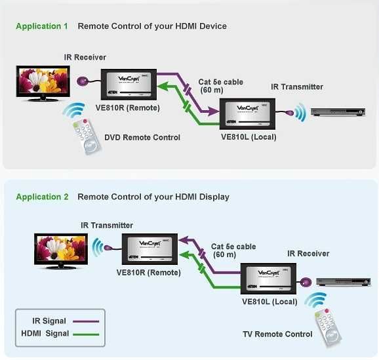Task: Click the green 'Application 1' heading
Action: pyautogui.click(x=42, y=26)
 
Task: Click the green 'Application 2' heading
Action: pyautogui.click(x=42, y=197)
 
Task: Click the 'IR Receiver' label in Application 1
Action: pyautogui.click(x=85, y=58)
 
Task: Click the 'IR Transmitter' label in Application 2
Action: pyautogui.click(x=107, y=226)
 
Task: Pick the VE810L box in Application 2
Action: pyautogui.click(x=269, y=280)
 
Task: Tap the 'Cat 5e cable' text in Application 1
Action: pyautogui.click(x=221, y=82)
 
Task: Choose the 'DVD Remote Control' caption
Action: pyautogui.click(x=142, y=138)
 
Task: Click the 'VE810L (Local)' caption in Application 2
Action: pyautogui.click(x=269, y=302)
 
